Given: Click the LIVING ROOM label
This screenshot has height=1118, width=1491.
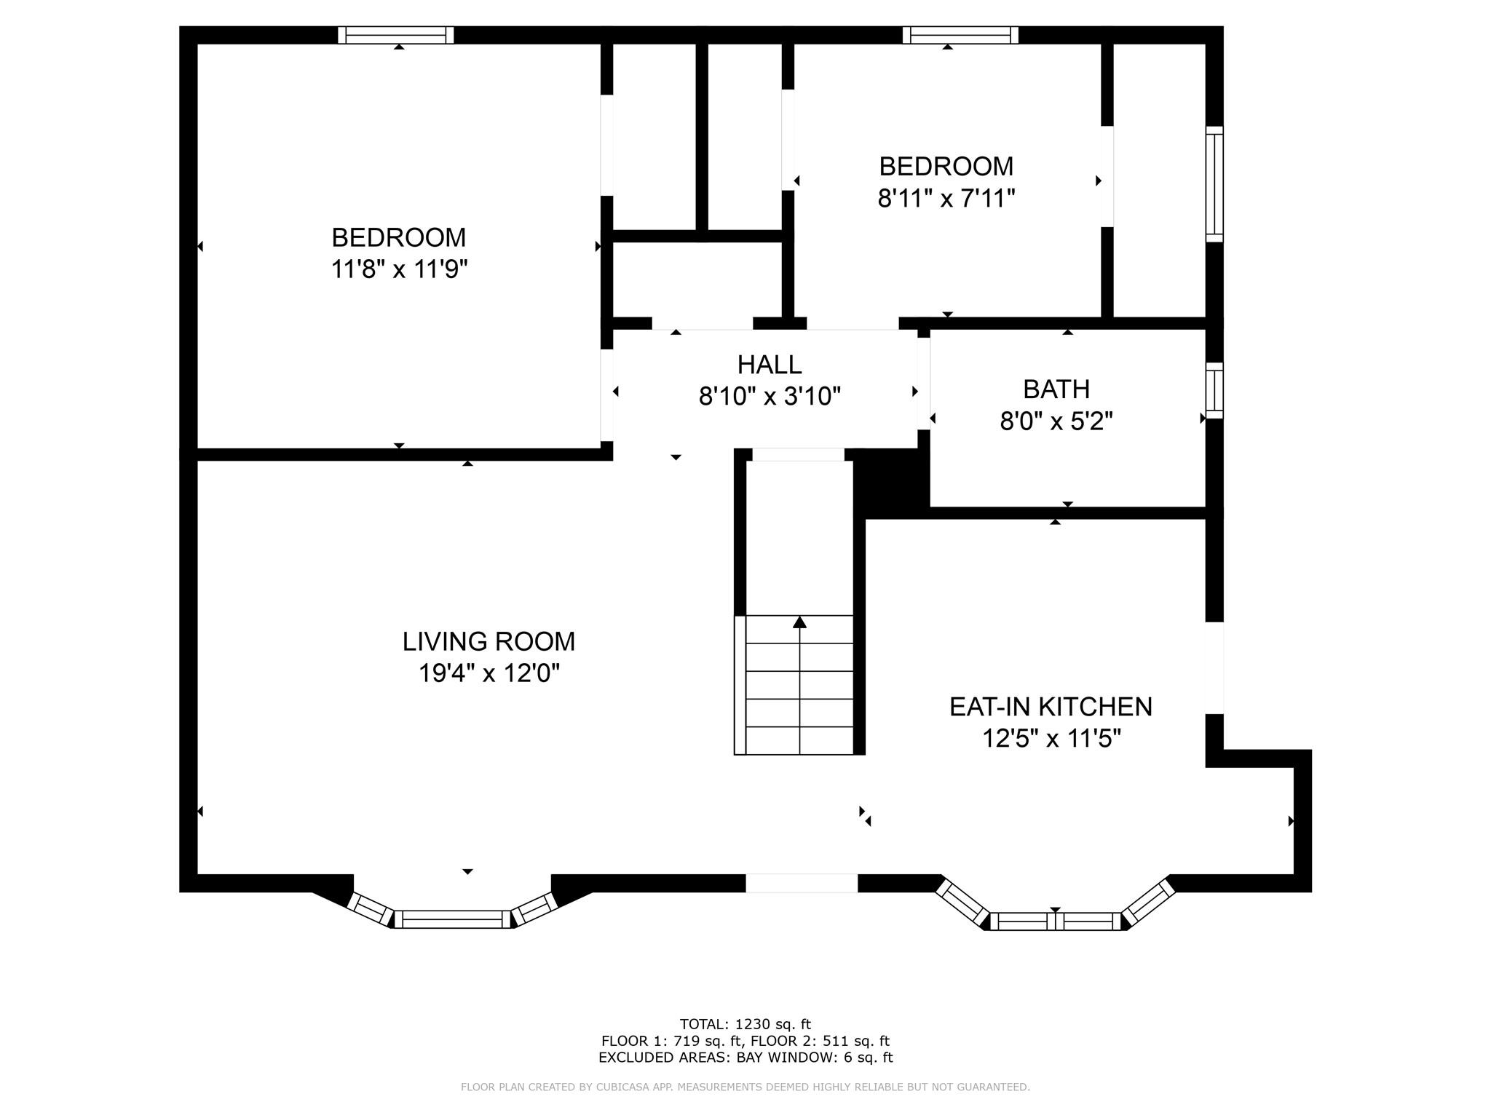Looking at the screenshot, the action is click(x=489, y=641).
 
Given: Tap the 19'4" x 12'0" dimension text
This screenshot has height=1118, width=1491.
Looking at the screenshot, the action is click(x=489, y=673).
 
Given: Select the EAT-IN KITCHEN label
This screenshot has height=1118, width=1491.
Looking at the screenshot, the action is click(x=1051, y=707).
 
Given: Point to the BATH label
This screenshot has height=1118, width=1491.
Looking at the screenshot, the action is click(x=1056, y=389).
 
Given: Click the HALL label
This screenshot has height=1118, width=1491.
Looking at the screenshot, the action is click(x=770, y=364).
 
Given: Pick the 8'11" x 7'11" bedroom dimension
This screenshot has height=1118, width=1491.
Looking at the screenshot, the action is click(x=946, y=198).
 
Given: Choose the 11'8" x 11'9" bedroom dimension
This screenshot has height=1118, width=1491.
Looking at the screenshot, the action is click(x=399, y=269).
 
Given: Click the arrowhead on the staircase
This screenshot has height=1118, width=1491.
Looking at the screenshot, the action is click(x=800, y=622).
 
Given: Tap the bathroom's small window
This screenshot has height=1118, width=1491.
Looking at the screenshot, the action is click(x=1214, y=390).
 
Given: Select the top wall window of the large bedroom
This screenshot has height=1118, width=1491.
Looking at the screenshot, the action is click(x=396, y=35).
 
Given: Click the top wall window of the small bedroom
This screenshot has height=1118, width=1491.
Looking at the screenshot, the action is click(x=960, y=35).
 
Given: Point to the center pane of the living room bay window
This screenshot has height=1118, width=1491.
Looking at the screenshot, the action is click(x=452, y=919).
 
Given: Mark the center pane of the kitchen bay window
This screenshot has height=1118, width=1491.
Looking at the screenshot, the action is click(x=1056, y=921).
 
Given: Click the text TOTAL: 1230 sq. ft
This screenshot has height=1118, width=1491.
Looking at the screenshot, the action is click(x=745, y=1025).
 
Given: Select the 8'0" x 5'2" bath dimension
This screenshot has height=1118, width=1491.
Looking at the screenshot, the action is click(x=1056, y=421).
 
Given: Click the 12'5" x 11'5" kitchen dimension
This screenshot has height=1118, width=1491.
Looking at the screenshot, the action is click(x=1051, y=739).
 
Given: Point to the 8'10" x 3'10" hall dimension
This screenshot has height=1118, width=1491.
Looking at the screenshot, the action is click(x=770, y=396).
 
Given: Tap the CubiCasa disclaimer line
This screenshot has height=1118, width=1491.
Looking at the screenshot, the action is click(x=745, y=1087).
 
